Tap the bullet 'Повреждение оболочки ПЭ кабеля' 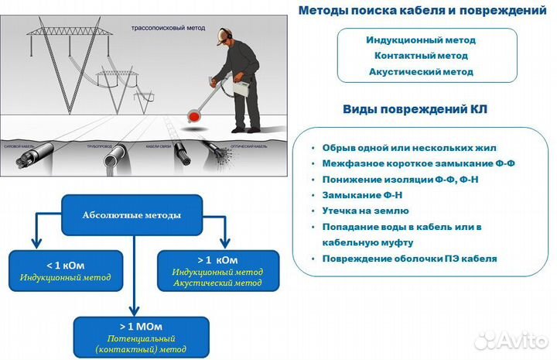pos(409,259)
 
